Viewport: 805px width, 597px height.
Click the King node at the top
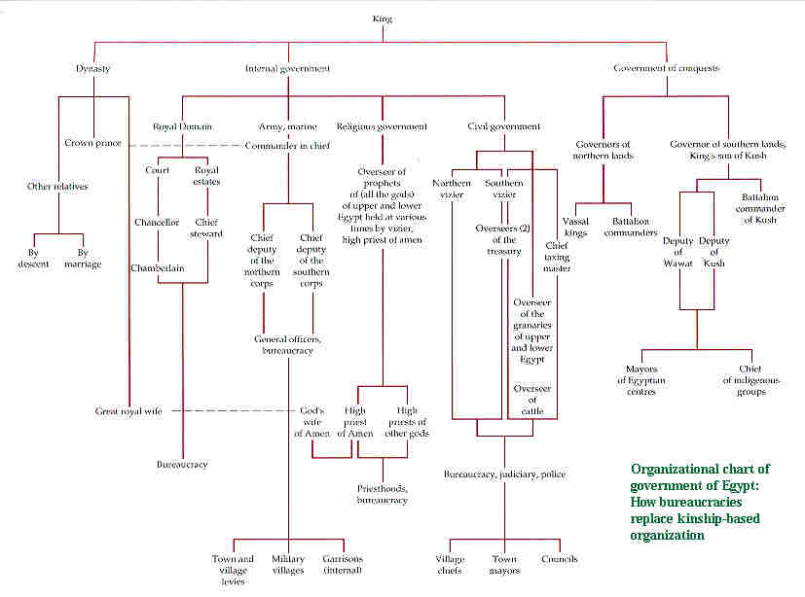(384, 18)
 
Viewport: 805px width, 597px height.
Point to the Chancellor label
(156, 222)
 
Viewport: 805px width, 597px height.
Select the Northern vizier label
(453, 189)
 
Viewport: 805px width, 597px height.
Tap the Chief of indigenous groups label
(750, 379)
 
